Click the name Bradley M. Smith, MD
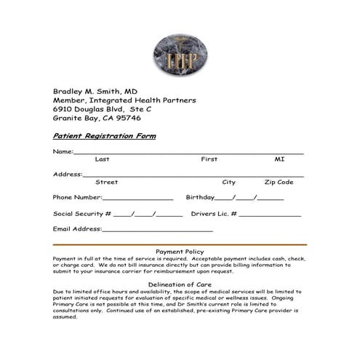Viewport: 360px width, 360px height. [95, 91]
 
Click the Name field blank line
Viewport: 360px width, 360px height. [188, 153]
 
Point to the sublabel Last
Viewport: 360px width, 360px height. [102, 159]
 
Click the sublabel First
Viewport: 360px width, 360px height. [209, 159]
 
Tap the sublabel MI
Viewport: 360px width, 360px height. [279, 159]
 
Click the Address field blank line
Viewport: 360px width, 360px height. [193, 176]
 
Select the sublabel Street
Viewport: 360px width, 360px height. [107, 182]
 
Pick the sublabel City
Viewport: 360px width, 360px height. [228, 182]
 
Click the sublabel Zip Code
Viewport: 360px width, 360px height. [279, 182]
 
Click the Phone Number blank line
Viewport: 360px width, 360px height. [138, 199]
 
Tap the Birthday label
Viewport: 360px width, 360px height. [200, 197]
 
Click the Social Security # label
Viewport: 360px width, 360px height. [82, 214]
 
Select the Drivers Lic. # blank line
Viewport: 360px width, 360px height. [270, 215]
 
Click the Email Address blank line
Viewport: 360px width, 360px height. [158, 231]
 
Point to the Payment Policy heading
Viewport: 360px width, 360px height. [180, 252]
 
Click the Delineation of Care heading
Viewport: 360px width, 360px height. [180, 284]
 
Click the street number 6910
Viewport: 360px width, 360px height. [63, 108]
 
